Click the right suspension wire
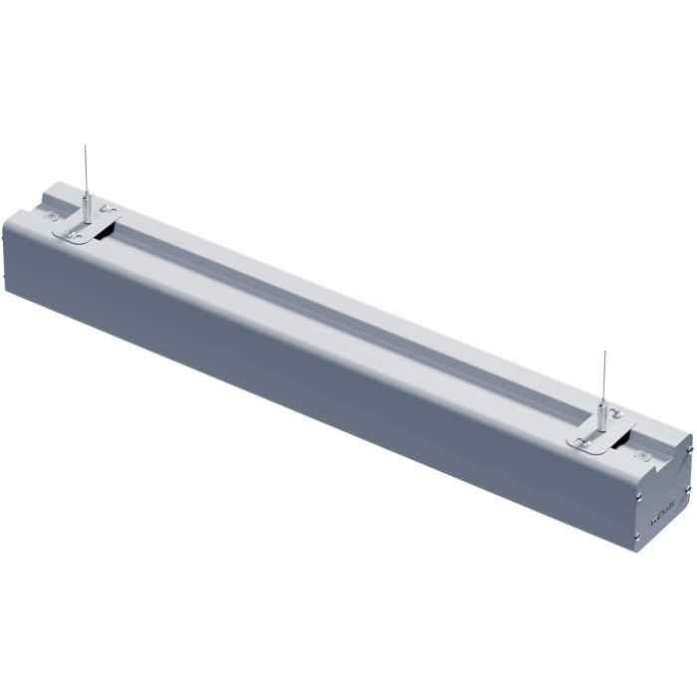coord(603,373)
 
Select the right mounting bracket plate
coord(597,434)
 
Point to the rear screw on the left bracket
coord(107,211)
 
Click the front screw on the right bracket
coord(585,439)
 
